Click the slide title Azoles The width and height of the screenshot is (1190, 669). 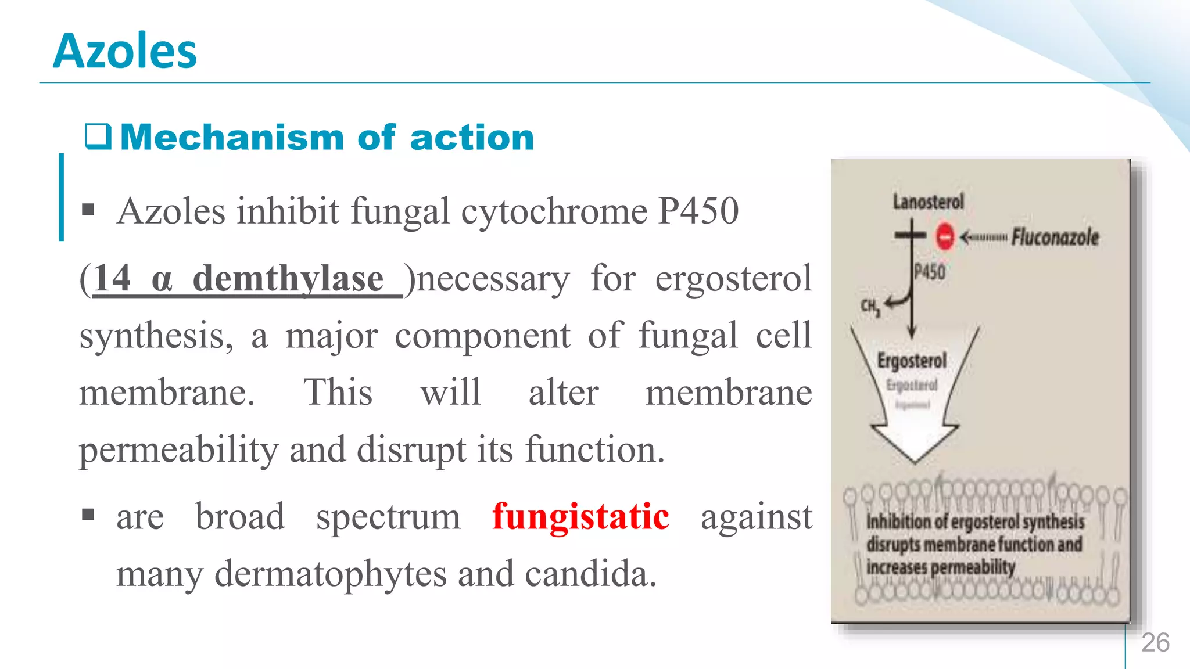pos(125,51)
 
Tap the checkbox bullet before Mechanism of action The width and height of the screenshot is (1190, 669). pos(98,137)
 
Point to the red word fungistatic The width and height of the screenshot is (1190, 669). pos(580,516)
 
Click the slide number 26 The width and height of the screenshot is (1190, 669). pos(1155,643)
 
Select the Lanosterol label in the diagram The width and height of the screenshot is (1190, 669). pos(928,202)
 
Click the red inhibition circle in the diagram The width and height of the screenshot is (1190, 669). pos(945,236)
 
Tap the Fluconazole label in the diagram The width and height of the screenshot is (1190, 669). pos(1055,237)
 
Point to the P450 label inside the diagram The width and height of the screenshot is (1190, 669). pos(930,272)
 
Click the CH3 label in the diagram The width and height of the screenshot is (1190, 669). pos(870,307)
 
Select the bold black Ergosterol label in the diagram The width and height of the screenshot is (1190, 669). pos(912,361)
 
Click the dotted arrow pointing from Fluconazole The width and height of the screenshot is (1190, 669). pos(983,237)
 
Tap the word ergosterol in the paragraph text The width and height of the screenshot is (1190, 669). pos(733,279)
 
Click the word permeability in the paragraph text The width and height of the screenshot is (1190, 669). pos(179,450)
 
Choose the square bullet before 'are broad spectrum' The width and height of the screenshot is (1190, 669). pos(88,515)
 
